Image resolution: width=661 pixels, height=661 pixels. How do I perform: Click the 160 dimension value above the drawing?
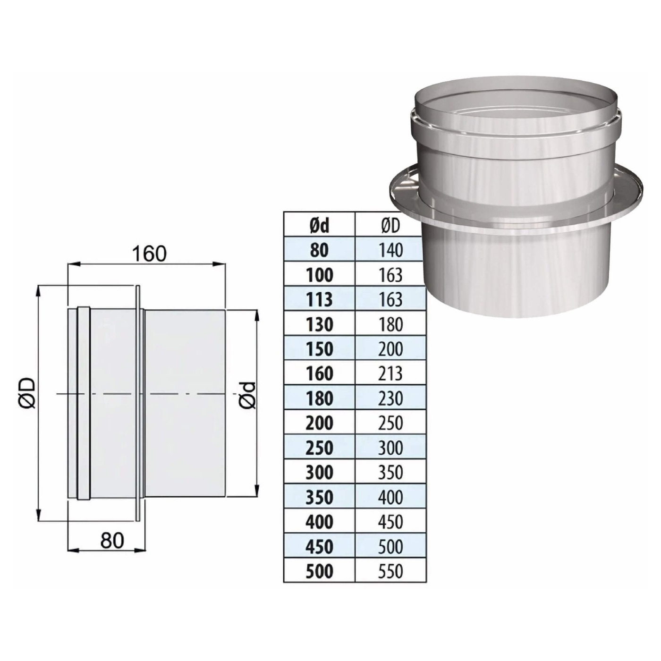(149, 254)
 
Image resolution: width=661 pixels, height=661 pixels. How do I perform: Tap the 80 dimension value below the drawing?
(112, 541)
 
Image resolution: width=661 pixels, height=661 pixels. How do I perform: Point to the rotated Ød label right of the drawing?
(248, 396)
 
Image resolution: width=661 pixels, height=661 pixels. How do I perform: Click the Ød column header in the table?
(319, 226)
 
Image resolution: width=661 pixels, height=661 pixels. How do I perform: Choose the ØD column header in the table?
(391, 226)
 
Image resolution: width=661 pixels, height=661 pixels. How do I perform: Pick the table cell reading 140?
(391, 250)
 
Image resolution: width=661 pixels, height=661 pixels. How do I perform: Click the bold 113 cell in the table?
(319, 299)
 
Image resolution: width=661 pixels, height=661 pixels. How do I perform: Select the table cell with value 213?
(391, 373)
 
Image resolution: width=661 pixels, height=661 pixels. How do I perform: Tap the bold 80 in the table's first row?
(319, 250)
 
